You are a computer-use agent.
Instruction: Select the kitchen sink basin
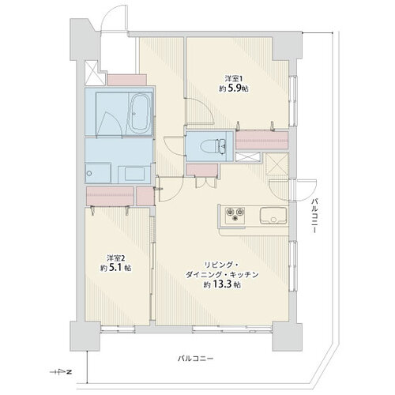[273, 216]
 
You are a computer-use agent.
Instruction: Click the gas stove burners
[235, 213]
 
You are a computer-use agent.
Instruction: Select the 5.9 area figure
[233, 88]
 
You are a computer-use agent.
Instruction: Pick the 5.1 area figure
[116, 268]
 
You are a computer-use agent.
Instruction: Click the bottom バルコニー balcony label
[195, 359]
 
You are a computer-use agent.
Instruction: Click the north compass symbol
[62, 372]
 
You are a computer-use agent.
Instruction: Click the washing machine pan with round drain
[98, 173]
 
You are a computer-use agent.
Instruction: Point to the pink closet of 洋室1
[261, 140]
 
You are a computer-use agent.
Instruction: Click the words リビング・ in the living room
[221, 265]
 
